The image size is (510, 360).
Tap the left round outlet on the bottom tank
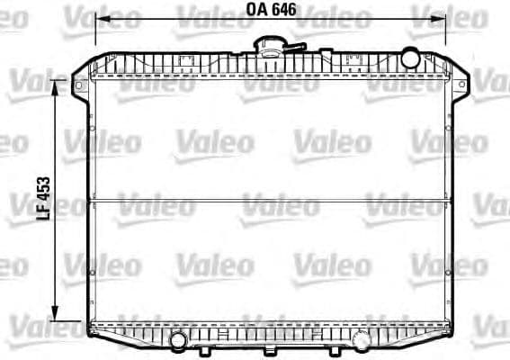click(x=178, y=340)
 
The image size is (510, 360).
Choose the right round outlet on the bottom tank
click(x=361, y=340)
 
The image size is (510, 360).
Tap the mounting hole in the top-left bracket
click(x=77, y=86)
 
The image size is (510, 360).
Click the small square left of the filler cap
click(x=187, y=62)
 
